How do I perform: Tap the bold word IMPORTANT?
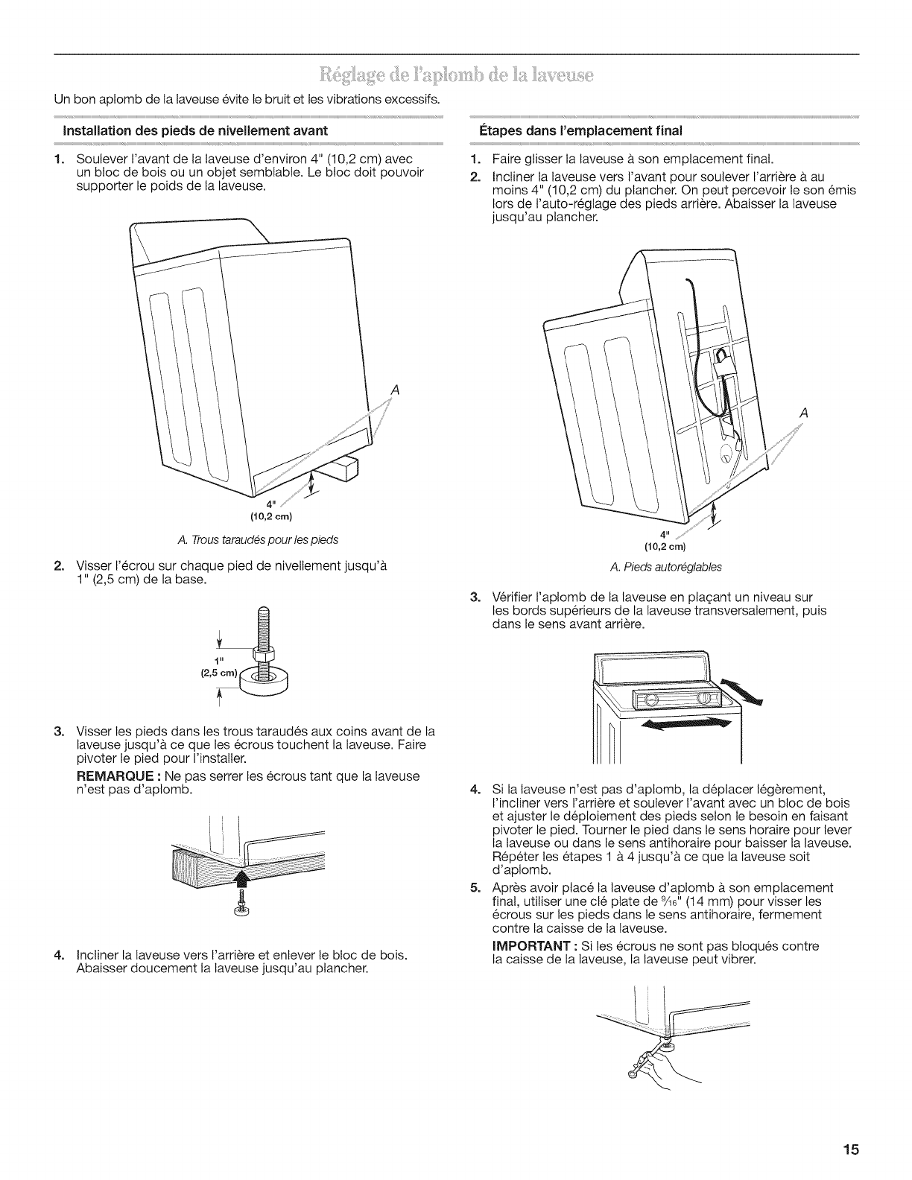click(x=528, y=946)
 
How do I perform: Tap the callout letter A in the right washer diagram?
click(x=803, y=413)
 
